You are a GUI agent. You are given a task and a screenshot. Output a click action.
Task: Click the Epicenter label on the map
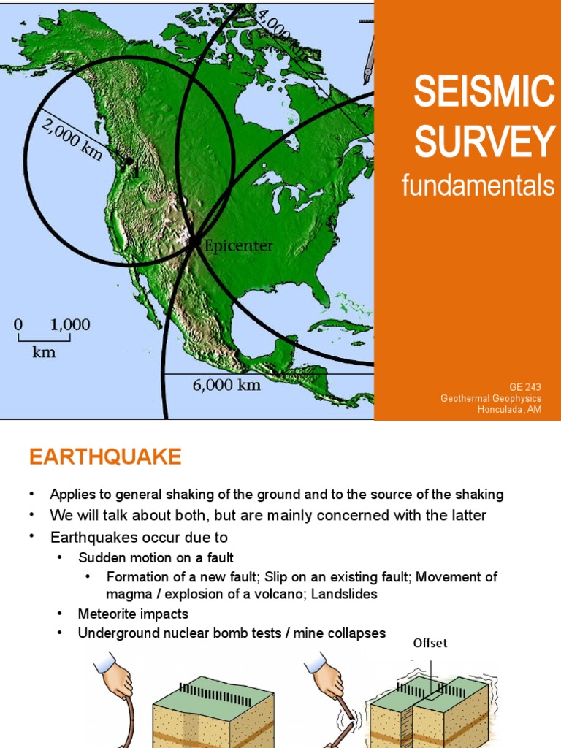coord(239,246)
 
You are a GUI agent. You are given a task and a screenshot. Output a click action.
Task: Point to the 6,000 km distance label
coord(226,385)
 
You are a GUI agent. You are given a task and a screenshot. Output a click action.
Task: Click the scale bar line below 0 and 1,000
coord(45,339)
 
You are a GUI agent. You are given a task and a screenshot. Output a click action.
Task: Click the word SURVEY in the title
coord(484,141)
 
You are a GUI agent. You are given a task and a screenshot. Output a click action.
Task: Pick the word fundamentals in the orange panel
coord(478,186)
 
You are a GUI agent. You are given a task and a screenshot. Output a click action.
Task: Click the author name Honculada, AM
coord(509,409)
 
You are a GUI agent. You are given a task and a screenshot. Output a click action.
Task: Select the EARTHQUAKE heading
coord(105,457)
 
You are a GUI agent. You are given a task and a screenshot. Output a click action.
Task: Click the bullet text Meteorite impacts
coord(133,614)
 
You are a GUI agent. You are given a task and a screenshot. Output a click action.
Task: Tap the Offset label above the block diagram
coord(430,644)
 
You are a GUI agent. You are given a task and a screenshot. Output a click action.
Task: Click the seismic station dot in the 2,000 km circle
coord(129,161)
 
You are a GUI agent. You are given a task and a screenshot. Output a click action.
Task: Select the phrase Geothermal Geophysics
coord(491,398)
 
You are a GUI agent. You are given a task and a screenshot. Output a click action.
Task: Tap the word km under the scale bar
coord(44,353)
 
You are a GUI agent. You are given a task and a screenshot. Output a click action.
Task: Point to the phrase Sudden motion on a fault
coord(156,557)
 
